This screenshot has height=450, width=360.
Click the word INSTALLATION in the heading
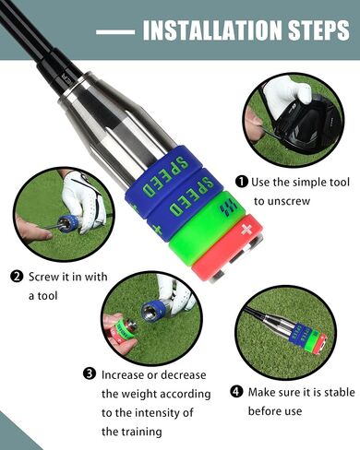(212, 30)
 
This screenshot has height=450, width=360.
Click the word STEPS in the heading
(319, 30)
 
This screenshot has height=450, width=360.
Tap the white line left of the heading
(115, 31)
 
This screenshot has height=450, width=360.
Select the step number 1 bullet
(242, 182)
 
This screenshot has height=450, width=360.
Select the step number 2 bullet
(17, 277)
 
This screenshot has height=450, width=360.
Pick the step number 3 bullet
(90, 374)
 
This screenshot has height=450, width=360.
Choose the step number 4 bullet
(235, 392)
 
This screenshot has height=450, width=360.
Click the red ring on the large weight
(228, 248)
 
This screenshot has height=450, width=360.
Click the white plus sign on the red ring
(246, 230)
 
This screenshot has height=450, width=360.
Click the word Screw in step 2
(44, 277)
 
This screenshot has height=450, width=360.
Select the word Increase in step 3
(128, 375)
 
